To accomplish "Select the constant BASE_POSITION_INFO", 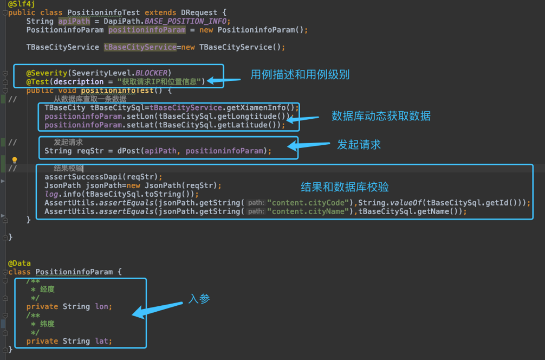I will pyautogui.click(x=187, y=21).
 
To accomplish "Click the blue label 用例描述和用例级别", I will pyautogui.click(x=300, y=75).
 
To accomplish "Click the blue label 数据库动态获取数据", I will pyautogui.click(x=381, y=116).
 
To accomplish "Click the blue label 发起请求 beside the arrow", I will pyautogui.click(x=359, y=144).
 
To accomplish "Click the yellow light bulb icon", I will pyautogui.click(x=15, y=160).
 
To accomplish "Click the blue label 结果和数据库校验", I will pyautogui.click(x=345, y=187).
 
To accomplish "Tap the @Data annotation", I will pyautogui.click(x=20, y=263).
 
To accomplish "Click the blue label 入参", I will pyautogui.click(x=199, y=299).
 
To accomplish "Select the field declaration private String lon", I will pyautogui.click(x=69, y=306).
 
